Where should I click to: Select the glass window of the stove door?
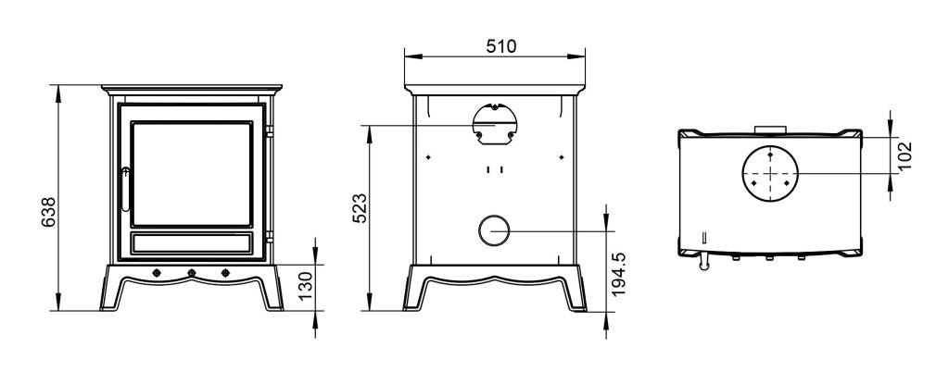193,173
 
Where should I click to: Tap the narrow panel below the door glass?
193,242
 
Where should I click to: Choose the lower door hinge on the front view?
269,237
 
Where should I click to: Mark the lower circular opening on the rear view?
493,230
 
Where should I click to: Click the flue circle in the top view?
769,173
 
